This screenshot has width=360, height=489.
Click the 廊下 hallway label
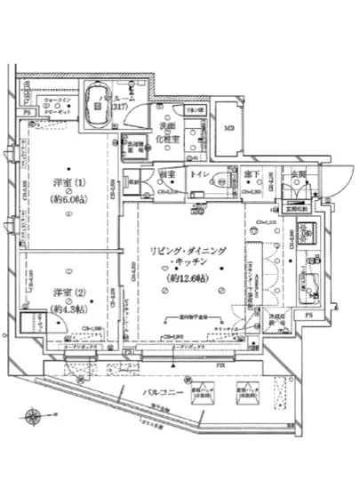click(251, 176)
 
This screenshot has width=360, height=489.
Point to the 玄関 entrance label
click(298, 176)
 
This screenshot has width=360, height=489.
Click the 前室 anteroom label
click(166, 176)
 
